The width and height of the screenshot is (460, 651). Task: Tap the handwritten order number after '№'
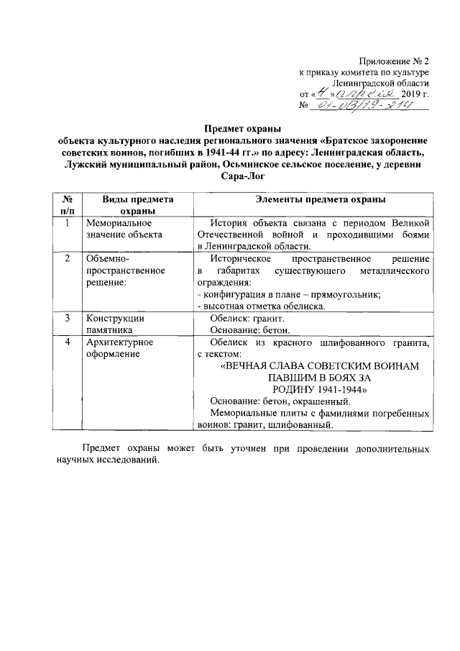[x=368, y=106]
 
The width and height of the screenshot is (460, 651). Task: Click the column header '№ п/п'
[x=65, y=205]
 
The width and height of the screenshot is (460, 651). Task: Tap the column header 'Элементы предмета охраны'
[x=314, y=199]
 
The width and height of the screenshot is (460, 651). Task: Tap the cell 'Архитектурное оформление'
[x=119, y=348]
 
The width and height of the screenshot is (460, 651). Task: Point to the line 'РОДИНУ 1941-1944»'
[x=314, y=388]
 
